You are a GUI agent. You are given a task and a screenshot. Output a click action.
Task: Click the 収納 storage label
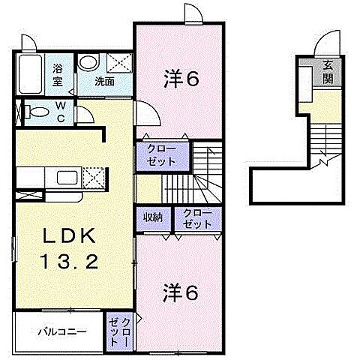point(154,217)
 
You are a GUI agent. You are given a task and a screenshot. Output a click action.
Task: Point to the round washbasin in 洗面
point(88,63)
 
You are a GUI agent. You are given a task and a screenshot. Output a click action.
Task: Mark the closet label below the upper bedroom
point(157,154)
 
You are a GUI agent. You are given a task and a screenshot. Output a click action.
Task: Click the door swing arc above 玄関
point(328,44)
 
